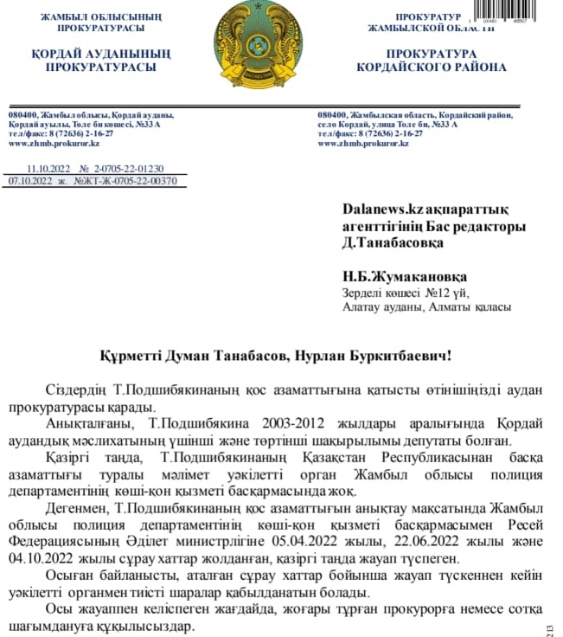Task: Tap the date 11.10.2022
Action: (x=51, y=170)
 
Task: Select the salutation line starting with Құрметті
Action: (x=282, y=355)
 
